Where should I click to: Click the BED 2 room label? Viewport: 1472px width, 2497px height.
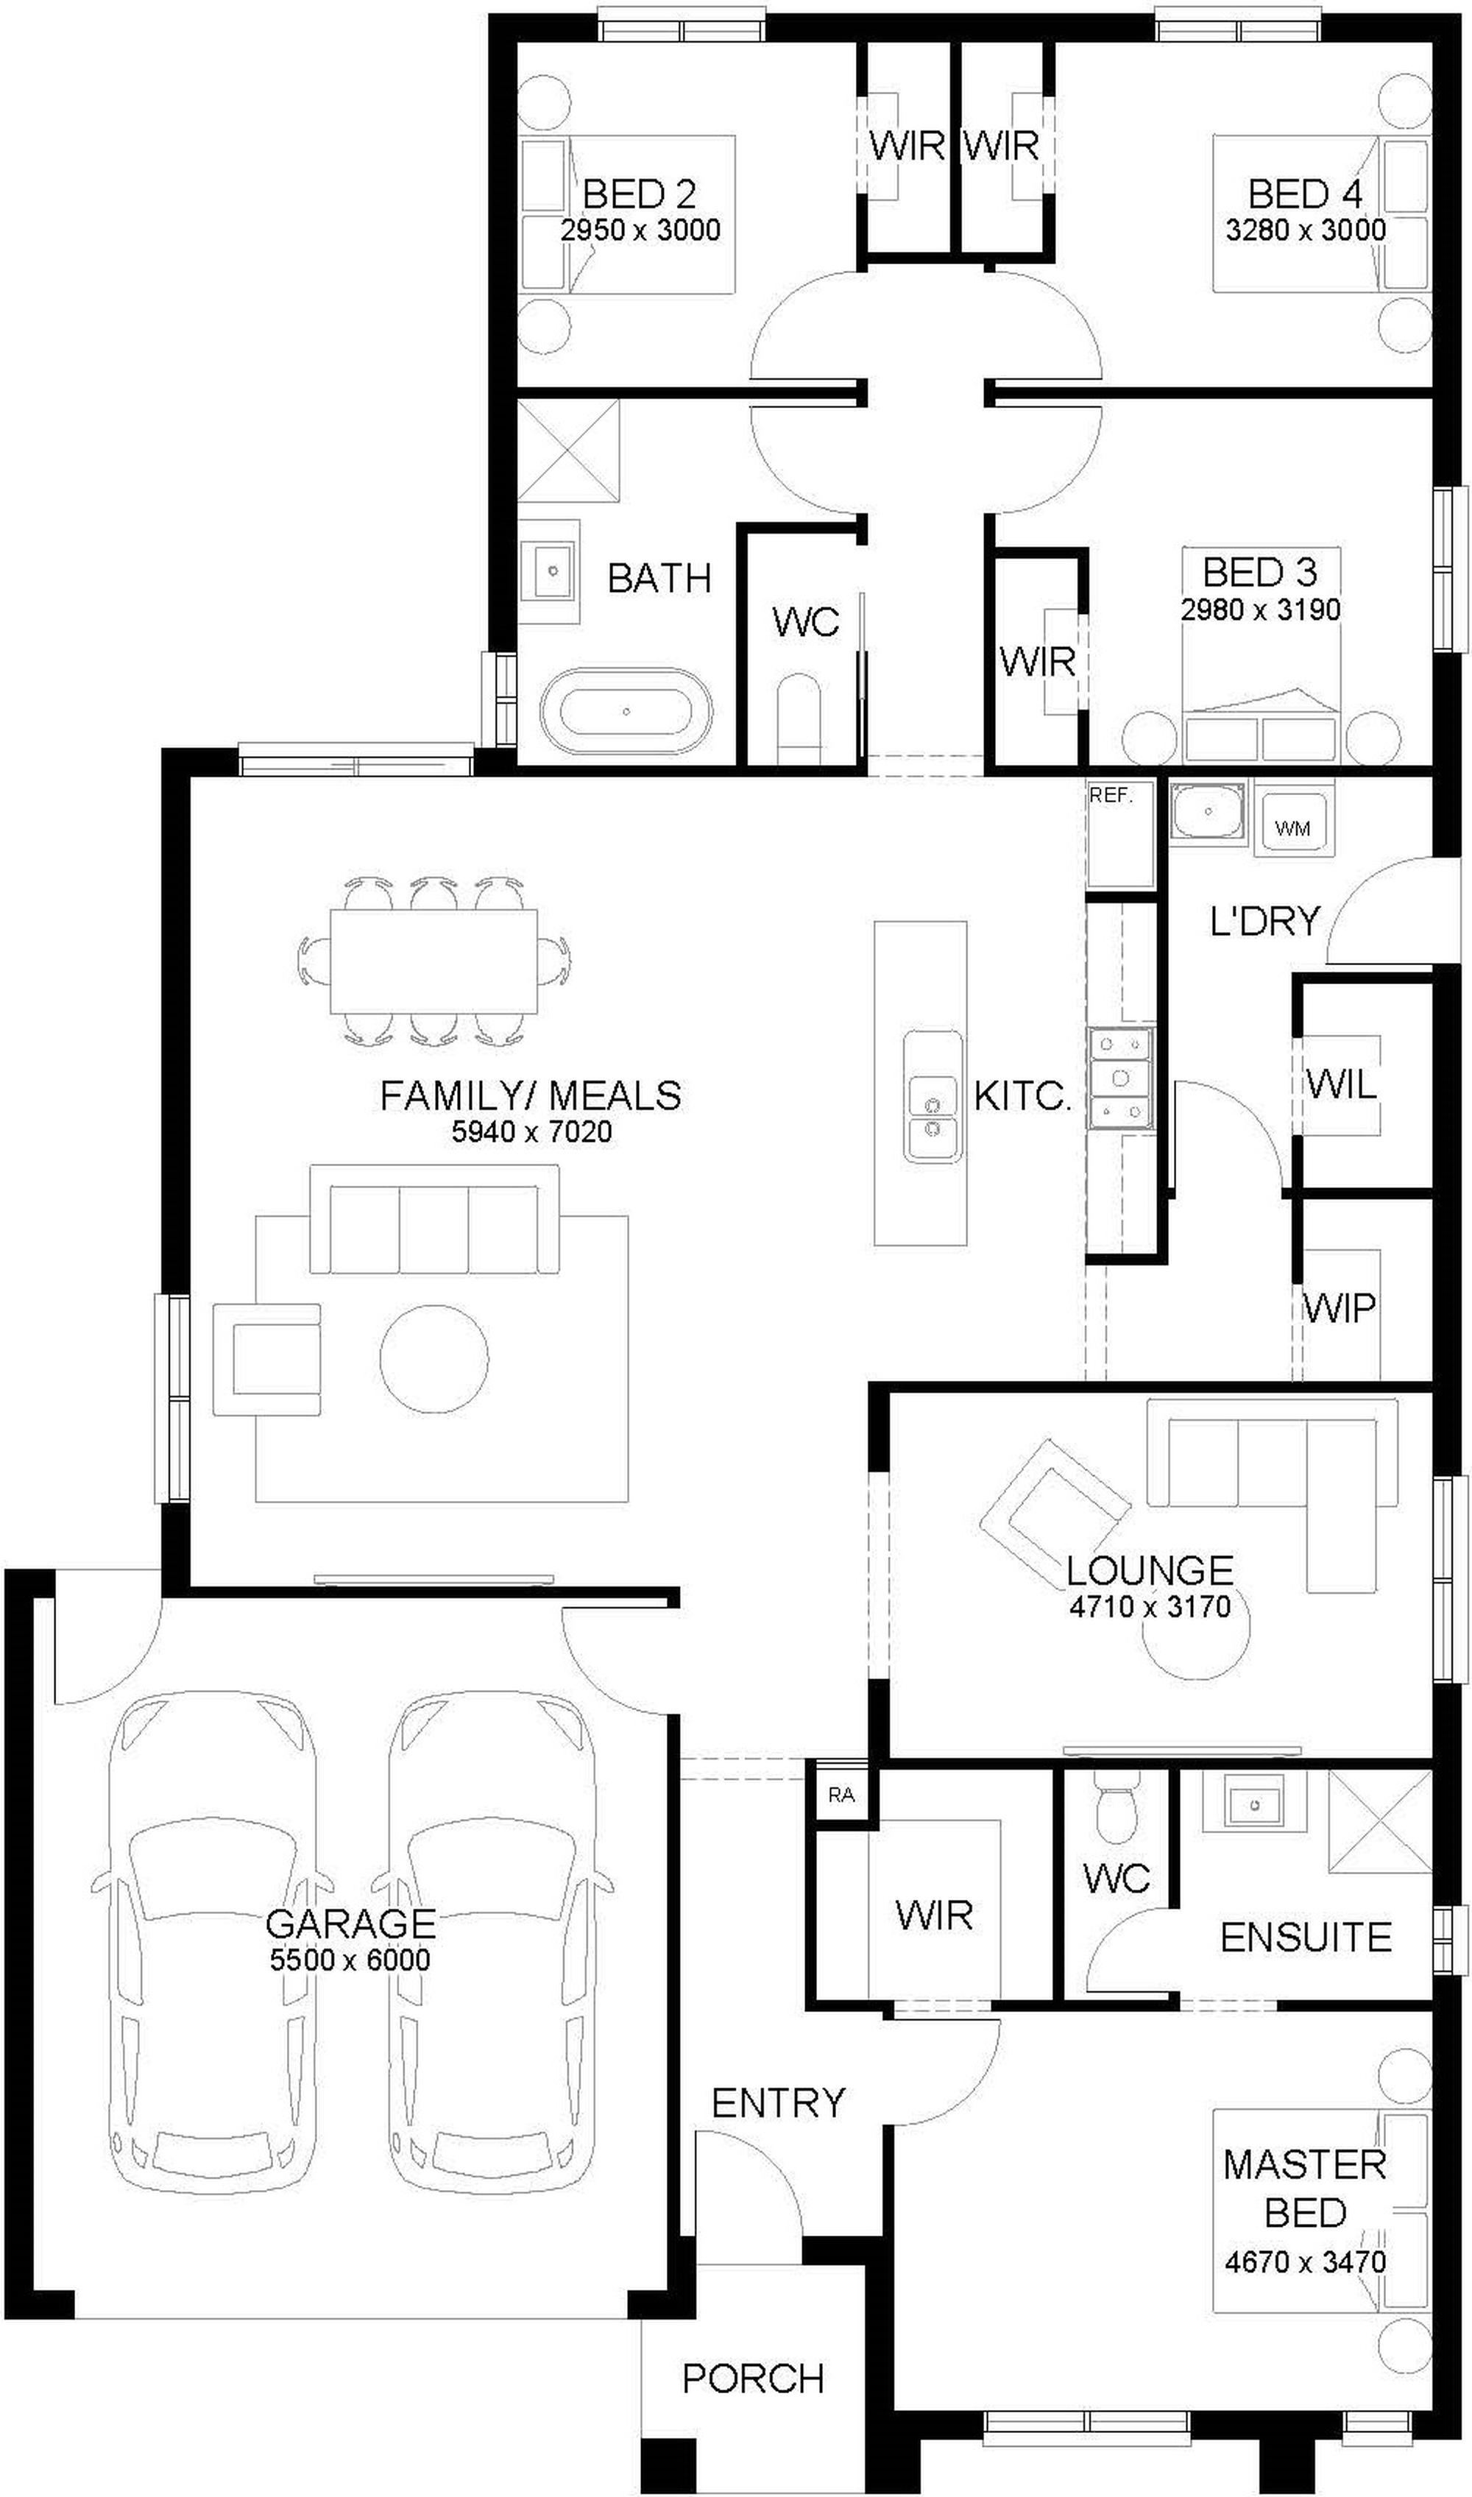tap(639, 194)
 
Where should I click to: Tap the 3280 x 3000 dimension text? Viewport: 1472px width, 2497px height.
tap(1306, 230)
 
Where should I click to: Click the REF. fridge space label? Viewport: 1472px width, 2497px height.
tap(1110, 796)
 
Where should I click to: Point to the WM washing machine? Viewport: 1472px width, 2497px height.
tap(1292, 827)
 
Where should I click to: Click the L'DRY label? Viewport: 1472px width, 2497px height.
tap(1264, 922)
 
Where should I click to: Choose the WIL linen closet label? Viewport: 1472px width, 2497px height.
tap(1341, 1084)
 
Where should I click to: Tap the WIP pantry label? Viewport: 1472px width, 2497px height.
tap(1339, 1309)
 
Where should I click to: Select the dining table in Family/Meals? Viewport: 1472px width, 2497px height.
tap(434, 961)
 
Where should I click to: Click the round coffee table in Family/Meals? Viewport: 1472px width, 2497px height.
tap(434, 1358)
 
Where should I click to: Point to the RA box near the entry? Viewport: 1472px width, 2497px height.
tap(841, 1795)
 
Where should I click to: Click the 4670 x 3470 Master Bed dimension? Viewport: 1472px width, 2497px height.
tap(1306, 2254)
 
